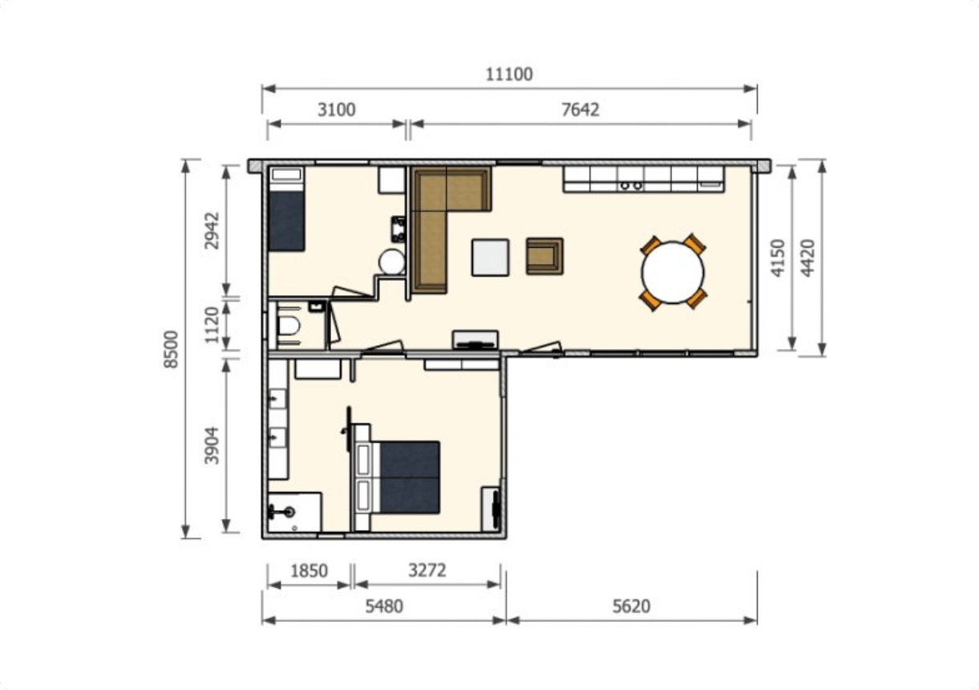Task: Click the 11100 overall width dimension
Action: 509,75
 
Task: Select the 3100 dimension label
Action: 336,110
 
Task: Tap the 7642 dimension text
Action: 580,110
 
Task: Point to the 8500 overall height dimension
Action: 172,349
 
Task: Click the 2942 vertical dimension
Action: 212,230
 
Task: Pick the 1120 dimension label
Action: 212,325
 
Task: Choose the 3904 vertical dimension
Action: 212,445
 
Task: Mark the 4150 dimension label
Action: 778,258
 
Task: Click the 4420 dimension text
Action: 807,258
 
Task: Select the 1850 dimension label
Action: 309,571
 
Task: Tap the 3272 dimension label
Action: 427,570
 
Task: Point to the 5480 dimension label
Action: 384,607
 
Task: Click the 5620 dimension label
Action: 631,607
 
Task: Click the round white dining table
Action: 673,272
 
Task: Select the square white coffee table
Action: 490,258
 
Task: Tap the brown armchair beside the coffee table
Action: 544,256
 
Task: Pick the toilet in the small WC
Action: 288,326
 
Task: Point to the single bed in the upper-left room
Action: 286,209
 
